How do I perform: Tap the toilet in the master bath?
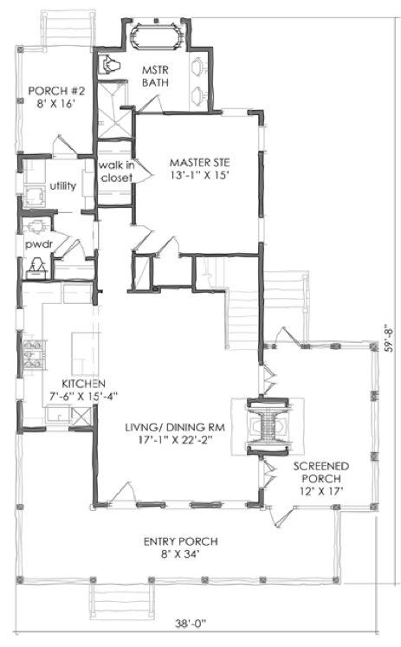110,64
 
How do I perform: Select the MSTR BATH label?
155,76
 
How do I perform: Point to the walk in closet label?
116,171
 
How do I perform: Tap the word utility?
63,186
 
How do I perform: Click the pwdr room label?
39,245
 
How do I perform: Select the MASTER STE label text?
200,162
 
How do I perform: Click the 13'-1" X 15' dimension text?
200,175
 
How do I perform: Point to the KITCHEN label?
84,384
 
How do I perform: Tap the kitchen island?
86,353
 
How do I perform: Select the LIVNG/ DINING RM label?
175,427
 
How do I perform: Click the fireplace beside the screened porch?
268,427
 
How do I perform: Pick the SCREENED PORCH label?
321,472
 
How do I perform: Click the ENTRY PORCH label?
181,541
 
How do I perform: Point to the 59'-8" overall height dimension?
389,337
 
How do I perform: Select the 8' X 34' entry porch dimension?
181,554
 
